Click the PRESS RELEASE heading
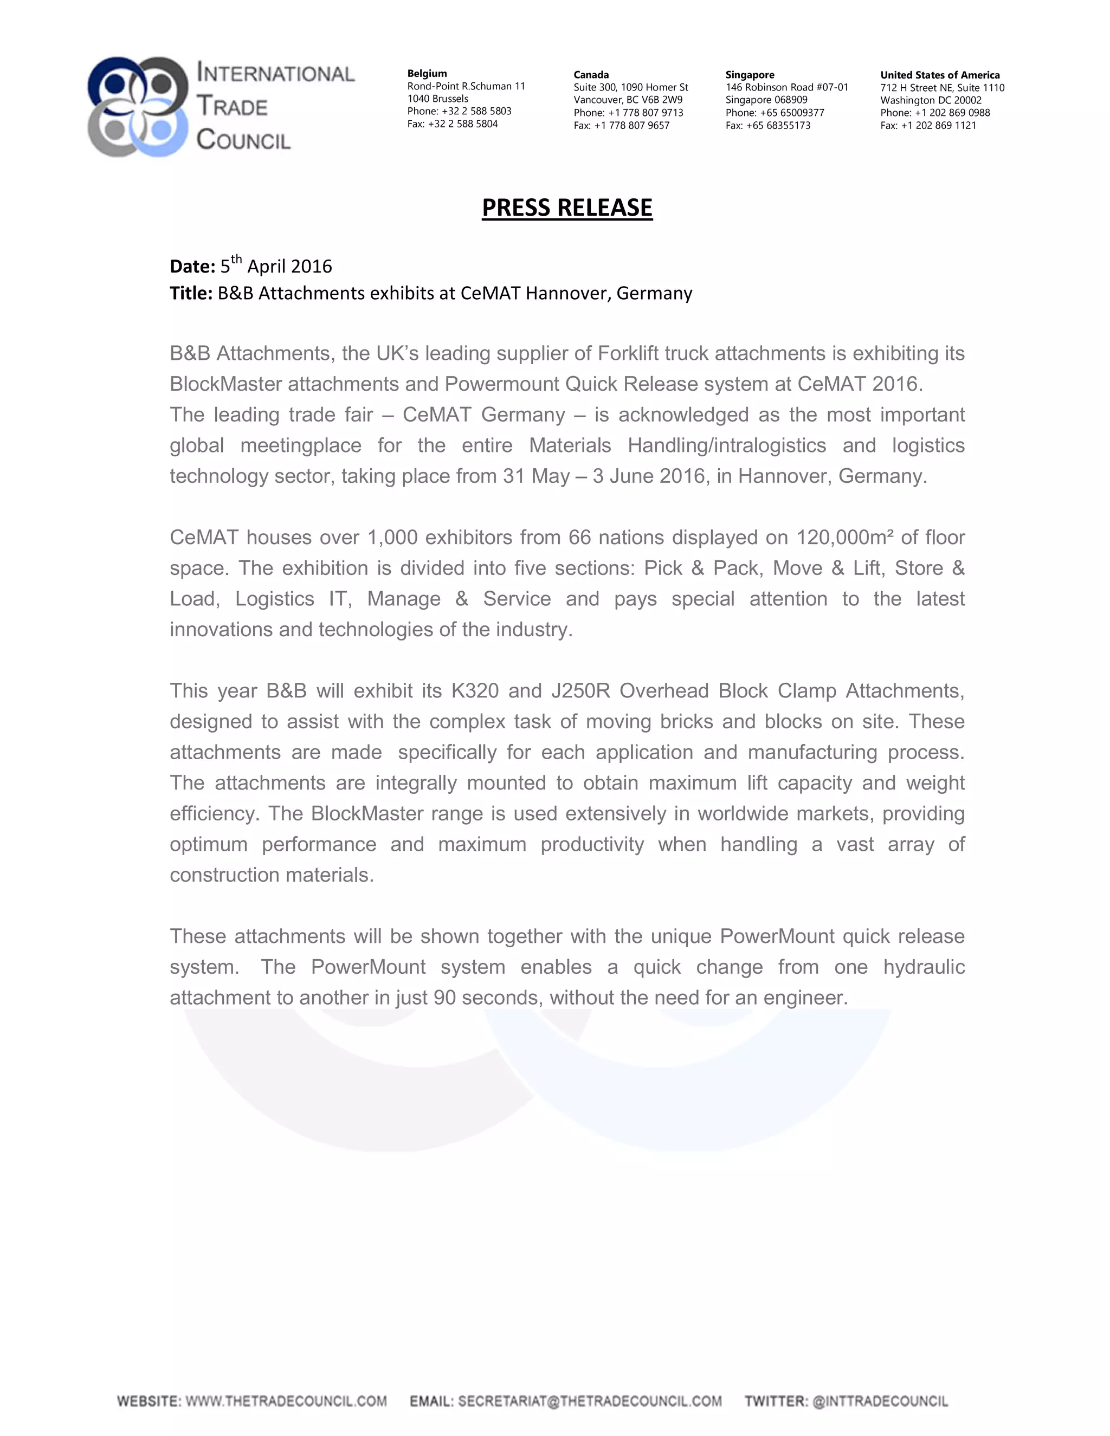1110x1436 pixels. [567, 208]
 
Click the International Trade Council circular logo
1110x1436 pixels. [138, 107]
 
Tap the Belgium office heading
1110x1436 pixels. [427, 74]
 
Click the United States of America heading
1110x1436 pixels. [940, 75]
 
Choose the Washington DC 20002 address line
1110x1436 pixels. [931, 100]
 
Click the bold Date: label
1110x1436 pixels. [192, 266]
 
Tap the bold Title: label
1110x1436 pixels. [191, 293]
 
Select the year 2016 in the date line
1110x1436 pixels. [311, 266]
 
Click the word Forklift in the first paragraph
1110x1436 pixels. [628, 354]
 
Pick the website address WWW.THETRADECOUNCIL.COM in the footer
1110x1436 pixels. [286, 1401]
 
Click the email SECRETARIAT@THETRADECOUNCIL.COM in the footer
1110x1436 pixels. [589, 1401]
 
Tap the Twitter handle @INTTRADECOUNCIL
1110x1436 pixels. [880, 1401]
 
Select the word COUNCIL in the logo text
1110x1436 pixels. [243, 139]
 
